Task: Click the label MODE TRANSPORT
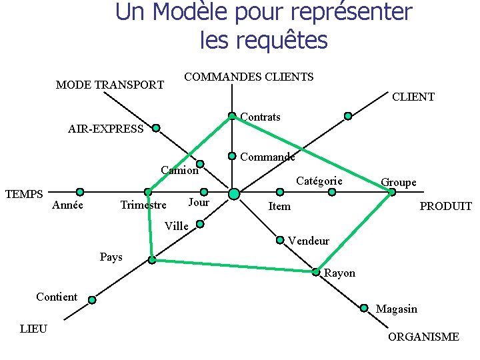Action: (x=110, y=85)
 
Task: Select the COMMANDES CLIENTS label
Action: (x=249, y=77)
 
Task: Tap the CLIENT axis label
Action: (x=413, y=97)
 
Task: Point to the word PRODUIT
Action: (x=445, y=207)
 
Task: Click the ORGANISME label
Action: (x=423, y=337)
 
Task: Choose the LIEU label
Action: (x=33, y=329)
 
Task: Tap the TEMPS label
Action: (x=24, y=194)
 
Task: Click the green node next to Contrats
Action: (x=232, y=116)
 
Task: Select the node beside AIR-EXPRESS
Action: (x=155, y=127)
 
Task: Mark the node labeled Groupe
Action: (x=392, y=192)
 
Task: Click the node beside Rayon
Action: (x=316, y=271)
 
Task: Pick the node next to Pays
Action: (x=152, y=260)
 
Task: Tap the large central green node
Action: (x=234, y=194)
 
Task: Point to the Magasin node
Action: (x=364, y=307)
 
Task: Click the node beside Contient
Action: (x=92, y=300)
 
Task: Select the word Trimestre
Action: (x=143, y=205)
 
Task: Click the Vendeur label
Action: (x=309, y=241)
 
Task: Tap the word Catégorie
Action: (x=319, y=181)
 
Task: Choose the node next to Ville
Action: (x=199, y=224)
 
